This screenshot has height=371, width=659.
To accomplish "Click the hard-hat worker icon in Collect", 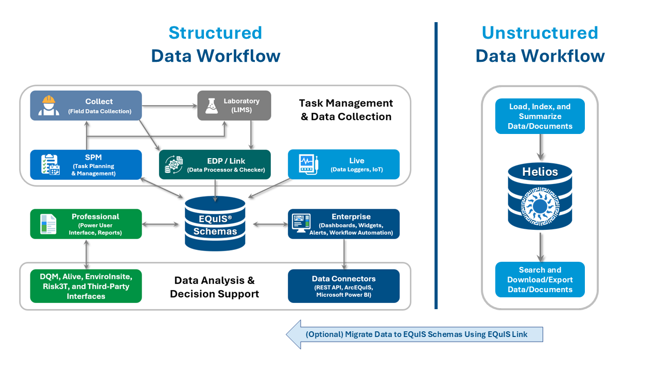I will [x=49, y=106].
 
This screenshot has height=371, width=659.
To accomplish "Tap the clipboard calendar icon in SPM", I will [x=50, y=165].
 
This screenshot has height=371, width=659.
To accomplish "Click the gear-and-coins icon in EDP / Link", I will [x=174, y=164].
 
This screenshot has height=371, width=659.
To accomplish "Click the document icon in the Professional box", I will [x=49, y=224].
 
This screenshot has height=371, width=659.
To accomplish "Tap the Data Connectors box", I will [x=343, y=286].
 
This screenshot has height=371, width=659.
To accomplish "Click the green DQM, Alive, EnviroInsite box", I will [x=85, y=286].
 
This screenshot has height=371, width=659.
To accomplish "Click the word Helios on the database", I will [x=540, y=172].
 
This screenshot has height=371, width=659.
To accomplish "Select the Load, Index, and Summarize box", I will [x=540, y=116].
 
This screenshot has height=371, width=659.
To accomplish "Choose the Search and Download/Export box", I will [x=540, y=279].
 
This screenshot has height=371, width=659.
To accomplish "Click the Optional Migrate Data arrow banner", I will [x=414, y=334].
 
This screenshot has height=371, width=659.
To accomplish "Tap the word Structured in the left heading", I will [x=215, y=32].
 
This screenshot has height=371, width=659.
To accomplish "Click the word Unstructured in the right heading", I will [x=540, y=32].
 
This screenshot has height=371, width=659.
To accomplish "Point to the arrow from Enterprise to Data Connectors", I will [x=343, y=254].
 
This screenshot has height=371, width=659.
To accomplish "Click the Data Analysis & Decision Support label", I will [x=214, y=287].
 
